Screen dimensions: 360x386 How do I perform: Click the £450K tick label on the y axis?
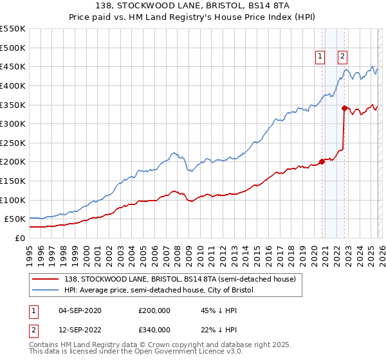tap(13, 66)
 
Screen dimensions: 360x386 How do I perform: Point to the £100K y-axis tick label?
tap(13, 200)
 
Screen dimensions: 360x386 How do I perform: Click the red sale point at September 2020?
tap(322, 161)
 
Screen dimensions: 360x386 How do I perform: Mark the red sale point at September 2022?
tap(344, 108)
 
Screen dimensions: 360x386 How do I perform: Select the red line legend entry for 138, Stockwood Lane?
tap(179, 279)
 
